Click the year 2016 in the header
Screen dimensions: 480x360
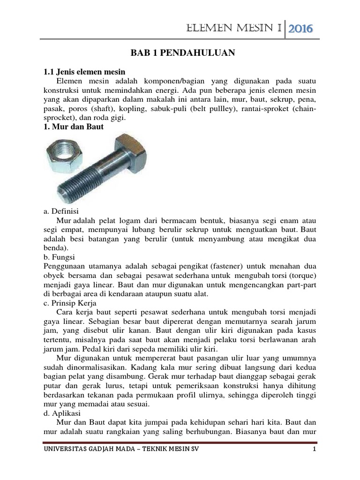(x=300, y=30)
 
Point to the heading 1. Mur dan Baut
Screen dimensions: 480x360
(x=73, y=127)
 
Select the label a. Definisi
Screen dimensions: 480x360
(x=63, y=211)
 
